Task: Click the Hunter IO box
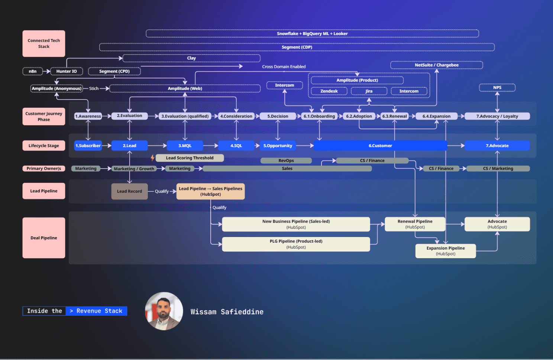[x=67, y=71]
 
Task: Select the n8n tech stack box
[x=33, y=71]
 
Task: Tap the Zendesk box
[x=329, y=91]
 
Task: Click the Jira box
[x=369, y=91]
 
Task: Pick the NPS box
[x=497, y=88]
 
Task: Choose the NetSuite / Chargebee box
[x=436, y=65]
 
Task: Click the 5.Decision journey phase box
[x=278, y=116]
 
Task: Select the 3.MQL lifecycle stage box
[x=185, y=146]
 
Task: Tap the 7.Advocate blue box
[x=497, y=146]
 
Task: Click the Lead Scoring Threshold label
[x=190, y=158]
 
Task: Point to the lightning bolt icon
[x=152, y=158]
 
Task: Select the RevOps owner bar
[x=286, y=160]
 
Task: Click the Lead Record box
[x=129, y=191]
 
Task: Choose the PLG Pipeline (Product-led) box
[x=296, y=244]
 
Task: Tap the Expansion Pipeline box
[x=445, y=251]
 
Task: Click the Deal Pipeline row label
[x=43, y=238]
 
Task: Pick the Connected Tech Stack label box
[x=43, y=43]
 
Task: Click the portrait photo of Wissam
[x=164, y=311]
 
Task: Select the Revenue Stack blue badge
[x=96, y=311]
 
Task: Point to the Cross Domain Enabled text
[x=284, y=67]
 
